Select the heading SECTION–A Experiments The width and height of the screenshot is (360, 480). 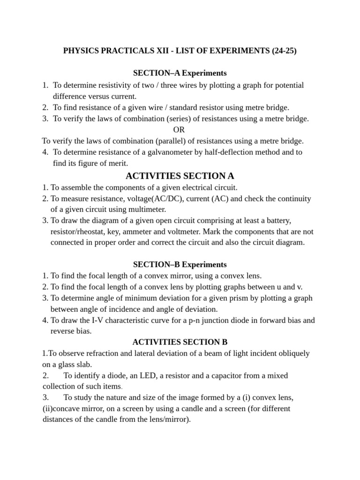(180, 73)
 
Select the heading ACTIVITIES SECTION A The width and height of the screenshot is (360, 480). (180, 176)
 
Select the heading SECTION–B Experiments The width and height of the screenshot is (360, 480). (180, 264)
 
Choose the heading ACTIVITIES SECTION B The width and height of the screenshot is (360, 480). (180, 342)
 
